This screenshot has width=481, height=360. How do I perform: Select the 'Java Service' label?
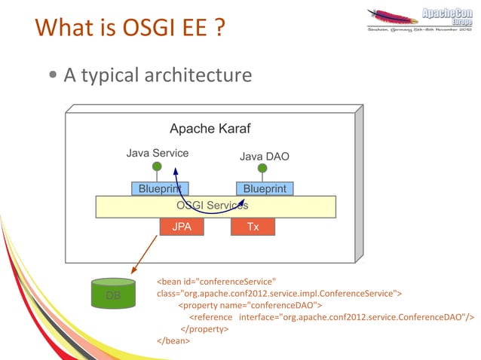coord(157,154)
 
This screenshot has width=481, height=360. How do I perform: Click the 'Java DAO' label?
coord(264,157)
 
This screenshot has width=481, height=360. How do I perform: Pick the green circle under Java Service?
coord(156,166)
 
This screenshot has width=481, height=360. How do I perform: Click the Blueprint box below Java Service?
coord(160,188)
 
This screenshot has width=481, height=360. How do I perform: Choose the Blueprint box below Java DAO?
coord(265,188)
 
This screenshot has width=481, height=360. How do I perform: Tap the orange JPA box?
coord(182,226)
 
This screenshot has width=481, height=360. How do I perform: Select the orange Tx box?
coord(253,226)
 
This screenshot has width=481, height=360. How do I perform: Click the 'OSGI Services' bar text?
coord(212,206)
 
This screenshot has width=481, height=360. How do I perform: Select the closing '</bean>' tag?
coord(173,340)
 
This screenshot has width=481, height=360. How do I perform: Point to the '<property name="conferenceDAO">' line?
coord(250,304)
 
